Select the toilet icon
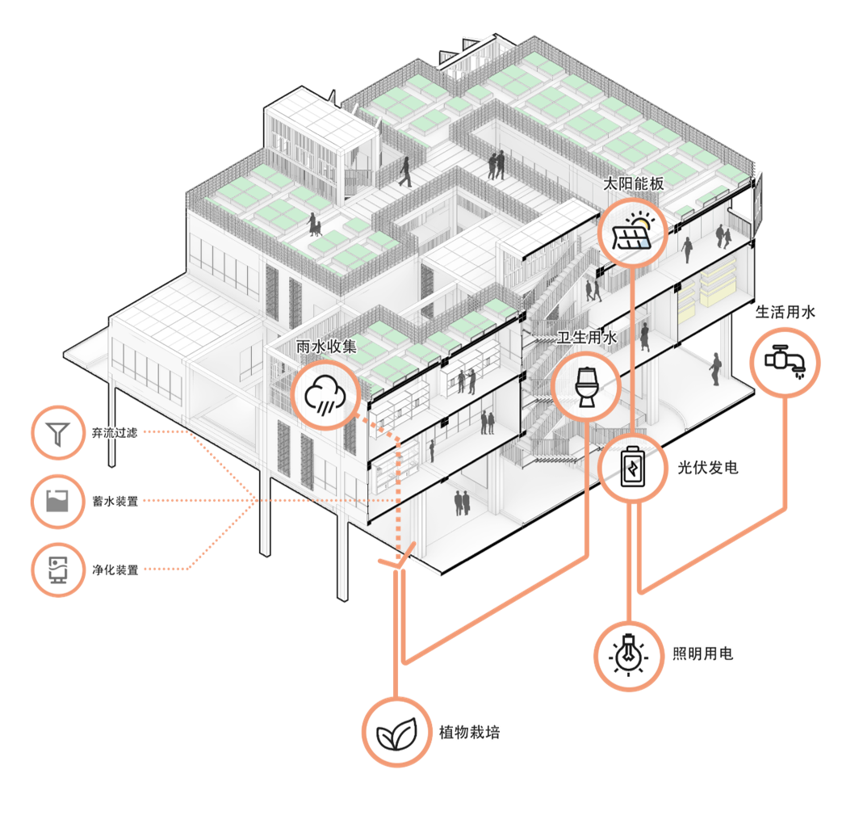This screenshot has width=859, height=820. (587, 385)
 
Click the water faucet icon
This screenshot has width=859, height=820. (786, 363)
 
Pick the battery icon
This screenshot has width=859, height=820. (632, 469)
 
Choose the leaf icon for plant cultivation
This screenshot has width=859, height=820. (396, 731)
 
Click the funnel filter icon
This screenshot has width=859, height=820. (58, 434)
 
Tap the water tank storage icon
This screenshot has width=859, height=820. (58, 502)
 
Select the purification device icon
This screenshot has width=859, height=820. (58, 570)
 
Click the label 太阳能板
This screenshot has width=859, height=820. (634, 183)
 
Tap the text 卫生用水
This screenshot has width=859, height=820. (587, 338)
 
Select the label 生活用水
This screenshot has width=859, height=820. (786, 313)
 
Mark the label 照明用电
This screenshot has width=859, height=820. (703, 654)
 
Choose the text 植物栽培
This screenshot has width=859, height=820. (469, 732)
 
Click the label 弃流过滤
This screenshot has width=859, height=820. (115, 433)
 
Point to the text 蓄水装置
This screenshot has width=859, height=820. (115, 502)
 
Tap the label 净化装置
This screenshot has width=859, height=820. (115, 570)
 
